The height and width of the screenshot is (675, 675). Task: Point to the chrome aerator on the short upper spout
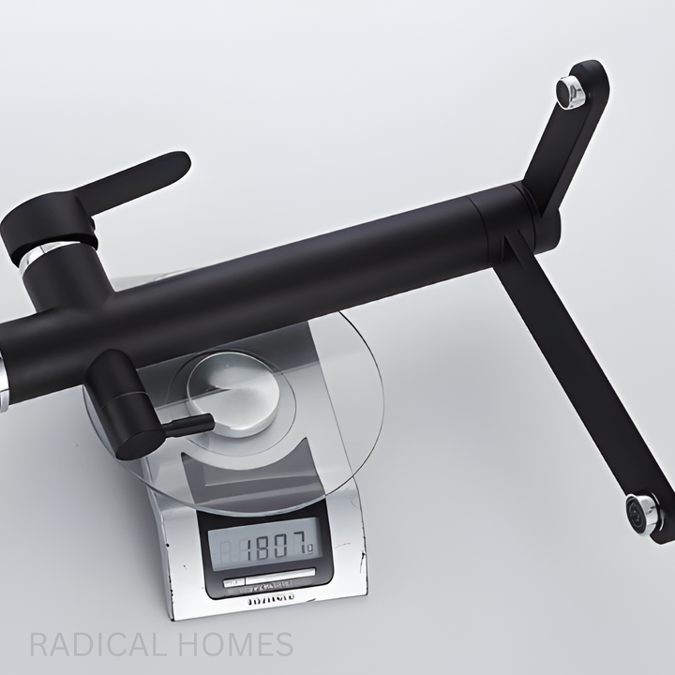572,91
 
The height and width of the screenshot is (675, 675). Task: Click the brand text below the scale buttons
271,594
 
